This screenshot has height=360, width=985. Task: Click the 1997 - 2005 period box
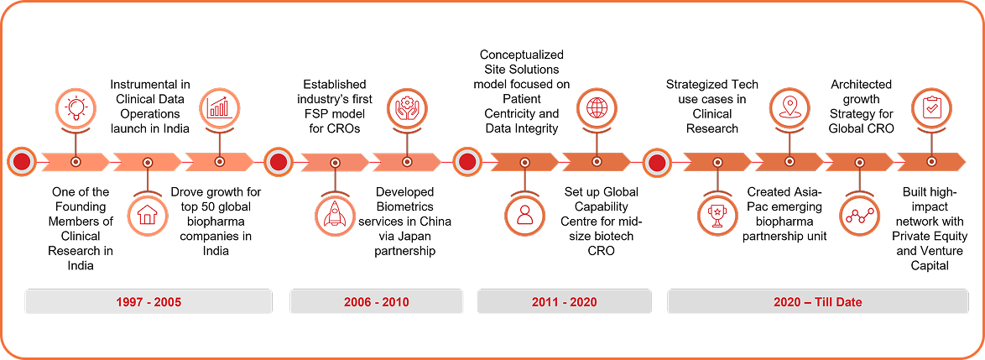[149, 301]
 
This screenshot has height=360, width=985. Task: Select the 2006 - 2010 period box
[377, 301]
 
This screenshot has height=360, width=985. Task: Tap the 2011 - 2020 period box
[565, 301]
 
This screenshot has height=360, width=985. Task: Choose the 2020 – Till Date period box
[817, 301]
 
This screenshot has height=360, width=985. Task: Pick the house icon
[148, 215]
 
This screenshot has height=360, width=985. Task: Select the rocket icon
[335, 215]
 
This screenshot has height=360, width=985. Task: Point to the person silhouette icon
[525, 215]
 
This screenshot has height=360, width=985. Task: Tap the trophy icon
[718, 215]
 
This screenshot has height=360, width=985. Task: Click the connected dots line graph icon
[860, 215]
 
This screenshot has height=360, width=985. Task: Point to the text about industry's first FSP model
[335, 108]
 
